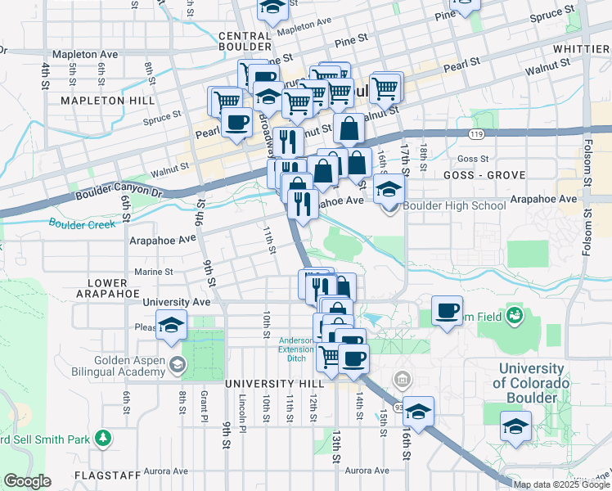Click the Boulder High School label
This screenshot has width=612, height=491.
(x=454, y=205)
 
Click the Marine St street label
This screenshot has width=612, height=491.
(x=153, y=272)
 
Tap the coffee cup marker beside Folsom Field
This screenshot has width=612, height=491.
(x=447, y=312)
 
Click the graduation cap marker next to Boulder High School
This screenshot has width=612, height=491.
(x=389, y=190)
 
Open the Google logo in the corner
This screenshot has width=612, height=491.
(x=27, y=481)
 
